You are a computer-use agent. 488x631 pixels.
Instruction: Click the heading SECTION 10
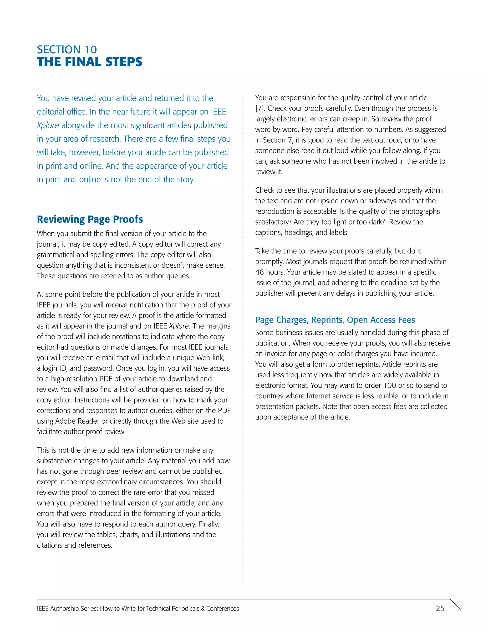point(67,50)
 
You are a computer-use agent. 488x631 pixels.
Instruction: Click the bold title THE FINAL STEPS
point(90,62)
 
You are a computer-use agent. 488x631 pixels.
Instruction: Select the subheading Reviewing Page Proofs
point(90,219)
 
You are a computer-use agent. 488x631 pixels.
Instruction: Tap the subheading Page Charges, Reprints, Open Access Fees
point(335,320)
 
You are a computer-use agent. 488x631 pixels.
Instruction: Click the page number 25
point(440,608)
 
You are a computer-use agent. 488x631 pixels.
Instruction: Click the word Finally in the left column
point(208,524)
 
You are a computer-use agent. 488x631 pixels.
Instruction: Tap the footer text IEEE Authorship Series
point(67,608)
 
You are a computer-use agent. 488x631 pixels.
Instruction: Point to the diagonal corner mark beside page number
point(455,604)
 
